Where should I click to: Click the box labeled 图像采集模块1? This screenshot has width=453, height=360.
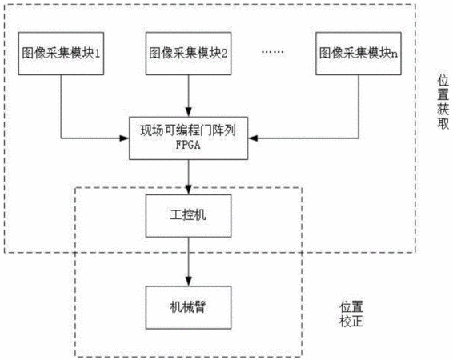coord(61,54)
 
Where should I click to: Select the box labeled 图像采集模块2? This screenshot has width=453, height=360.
coord(188,54)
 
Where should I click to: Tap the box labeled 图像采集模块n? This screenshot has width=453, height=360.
coord(359,54)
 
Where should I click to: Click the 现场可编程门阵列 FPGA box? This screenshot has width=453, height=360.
coord(188,138)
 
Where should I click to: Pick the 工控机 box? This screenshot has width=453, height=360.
coord(188,216)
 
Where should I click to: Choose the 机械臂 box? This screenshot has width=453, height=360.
coord(188,307)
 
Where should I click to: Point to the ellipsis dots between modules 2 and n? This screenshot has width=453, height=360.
coord(272,52)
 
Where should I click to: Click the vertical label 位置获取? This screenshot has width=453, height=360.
coord(443,102)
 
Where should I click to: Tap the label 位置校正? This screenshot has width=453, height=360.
coord(351,314)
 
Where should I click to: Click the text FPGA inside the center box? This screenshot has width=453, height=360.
coord(188,145)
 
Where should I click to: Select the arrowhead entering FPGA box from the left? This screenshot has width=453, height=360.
coord(125,138)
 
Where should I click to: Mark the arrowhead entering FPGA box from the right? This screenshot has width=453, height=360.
coord(252,138)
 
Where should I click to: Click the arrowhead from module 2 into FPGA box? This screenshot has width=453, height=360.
coord(188,112)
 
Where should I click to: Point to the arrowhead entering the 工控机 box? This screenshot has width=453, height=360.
coord(188,190)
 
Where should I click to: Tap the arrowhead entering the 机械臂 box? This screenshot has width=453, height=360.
coord(188,282)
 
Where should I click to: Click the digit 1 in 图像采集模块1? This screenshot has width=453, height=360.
coord(98,54)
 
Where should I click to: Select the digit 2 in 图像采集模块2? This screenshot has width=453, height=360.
coord(224,54)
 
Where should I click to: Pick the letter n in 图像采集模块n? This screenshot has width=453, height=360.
coord(394,54)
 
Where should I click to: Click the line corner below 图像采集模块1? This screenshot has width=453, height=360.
coord(61,138)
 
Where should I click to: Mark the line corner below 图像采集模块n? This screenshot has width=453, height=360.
coord(359,138)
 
